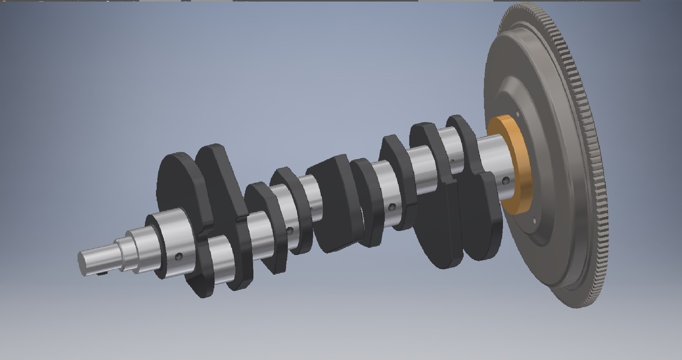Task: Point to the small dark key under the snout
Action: tap(103, 274)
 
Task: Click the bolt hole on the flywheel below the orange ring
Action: tap(534, 220)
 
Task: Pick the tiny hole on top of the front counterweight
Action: tap(181, 154)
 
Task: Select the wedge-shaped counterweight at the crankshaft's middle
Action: tap(332, 206)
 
